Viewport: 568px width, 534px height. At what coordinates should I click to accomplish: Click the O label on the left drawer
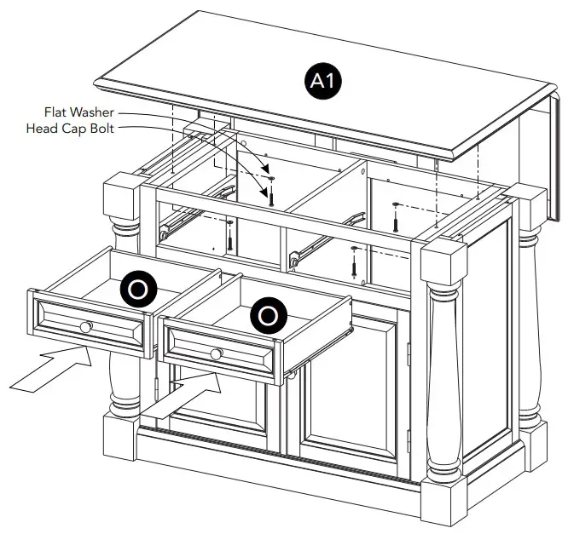(136, 289)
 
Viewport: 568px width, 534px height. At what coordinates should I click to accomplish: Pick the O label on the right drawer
(267, 315)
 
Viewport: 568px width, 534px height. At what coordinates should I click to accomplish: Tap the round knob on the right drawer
(216, 353)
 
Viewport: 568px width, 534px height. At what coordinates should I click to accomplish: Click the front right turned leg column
(443, 375)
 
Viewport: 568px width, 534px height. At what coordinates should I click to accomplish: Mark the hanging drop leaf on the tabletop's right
(532, 141)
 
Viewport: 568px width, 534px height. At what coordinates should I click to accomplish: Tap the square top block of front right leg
(443, 256)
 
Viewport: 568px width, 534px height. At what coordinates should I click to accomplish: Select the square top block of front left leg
(120, 194)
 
